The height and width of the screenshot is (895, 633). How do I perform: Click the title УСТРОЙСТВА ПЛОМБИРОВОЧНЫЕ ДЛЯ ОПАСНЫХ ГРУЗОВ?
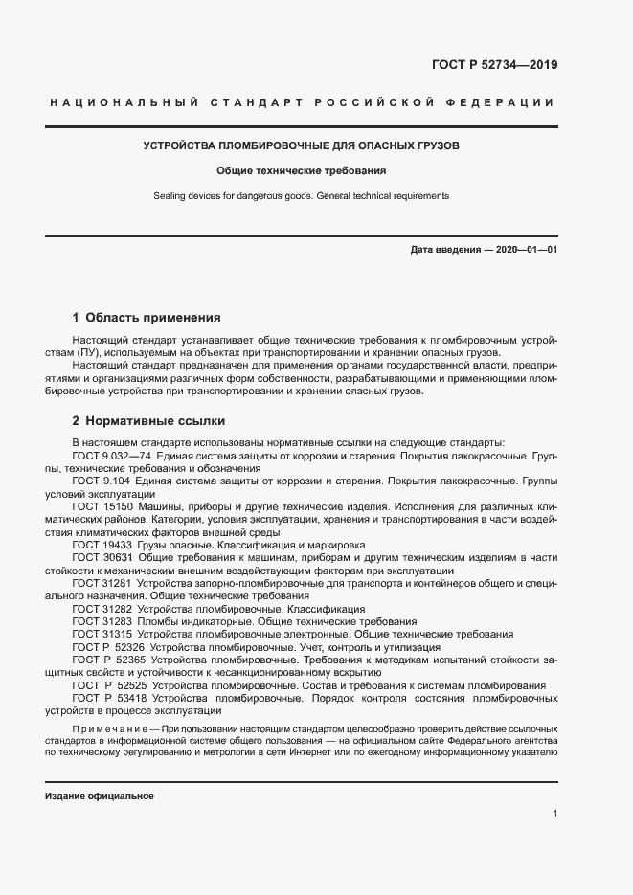(301, 147)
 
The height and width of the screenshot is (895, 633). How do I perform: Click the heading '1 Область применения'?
(147, 317)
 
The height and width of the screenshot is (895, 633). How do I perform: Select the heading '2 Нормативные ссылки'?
(145, 420)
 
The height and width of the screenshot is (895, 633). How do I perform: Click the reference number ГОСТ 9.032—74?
(109, 457)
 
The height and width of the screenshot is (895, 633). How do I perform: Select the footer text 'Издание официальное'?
(99, 796)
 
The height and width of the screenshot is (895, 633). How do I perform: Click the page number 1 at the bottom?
(555, 813)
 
